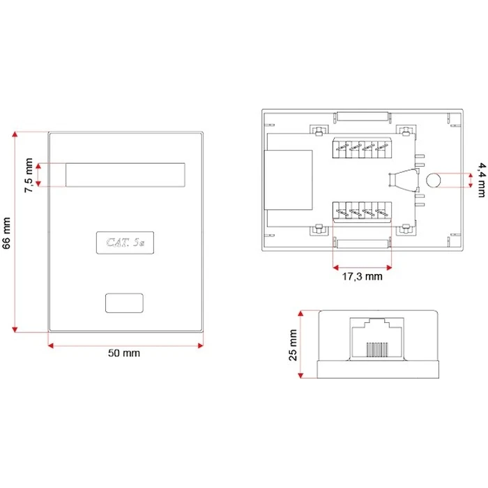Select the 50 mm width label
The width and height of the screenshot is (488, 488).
coord(124,353)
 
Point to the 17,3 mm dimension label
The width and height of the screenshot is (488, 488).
coord(363,276)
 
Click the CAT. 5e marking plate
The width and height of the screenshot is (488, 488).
coord(125,242)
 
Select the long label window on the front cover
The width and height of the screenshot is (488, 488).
coord(126,175)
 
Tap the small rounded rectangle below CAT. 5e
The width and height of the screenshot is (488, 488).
coord(125,303)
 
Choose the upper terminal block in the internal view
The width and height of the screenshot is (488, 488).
coord(363,148)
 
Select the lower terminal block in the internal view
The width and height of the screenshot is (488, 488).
coord(363,211)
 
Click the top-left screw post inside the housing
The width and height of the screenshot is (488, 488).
coord(317,130)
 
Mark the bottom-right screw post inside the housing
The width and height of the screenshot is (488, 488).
coord(404,228)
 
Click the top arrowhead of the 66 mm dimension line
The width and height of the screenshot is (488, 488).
coord(15,133)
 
